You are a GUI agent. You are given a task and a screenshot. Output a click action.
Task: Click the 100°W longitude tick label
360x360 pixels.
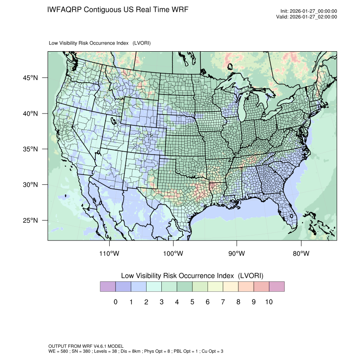click(x=173, y=254)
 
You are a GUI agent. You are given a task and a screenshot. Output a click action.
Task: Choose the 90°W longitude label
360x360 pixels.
click(x=237, y=254)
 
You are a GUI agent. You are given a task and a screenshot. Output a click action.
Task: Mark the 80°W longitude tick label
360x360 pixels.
click(x=301, y=254)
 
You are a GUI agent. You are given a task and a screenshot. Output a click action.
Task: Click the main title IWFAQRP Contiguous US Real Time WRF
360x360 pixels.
click(x=118, y=10)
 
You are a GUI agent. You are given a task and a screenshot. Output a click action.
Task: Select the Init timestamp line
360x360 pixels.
click(x=309, y=11)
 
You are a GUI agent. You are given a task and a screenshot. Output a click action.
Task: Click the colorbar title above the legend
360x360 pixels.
click(x=192, y=276)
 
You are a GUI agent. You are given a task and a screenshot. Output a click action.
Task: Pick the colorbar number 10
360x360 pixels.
click(x=269, y=302)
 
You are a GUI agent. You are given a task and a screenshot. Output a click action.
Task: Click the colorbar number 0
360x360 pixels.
click(x=115, y=302)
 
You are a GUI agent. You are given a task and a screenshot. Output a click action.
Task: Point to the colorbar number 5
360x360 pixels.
click(x=192, y=302)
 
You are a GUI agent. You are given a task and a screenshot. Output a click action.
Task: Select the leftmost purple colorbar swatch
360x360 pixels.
click(x=108, y=287)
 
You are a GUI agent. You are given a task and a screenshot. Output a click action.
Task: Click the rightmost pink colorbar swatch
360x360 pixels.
click(x=277, y=287)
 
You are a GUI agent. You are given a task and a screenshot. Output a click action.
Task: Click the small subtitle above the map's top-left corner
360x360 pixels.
click(x=100, y=43)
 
